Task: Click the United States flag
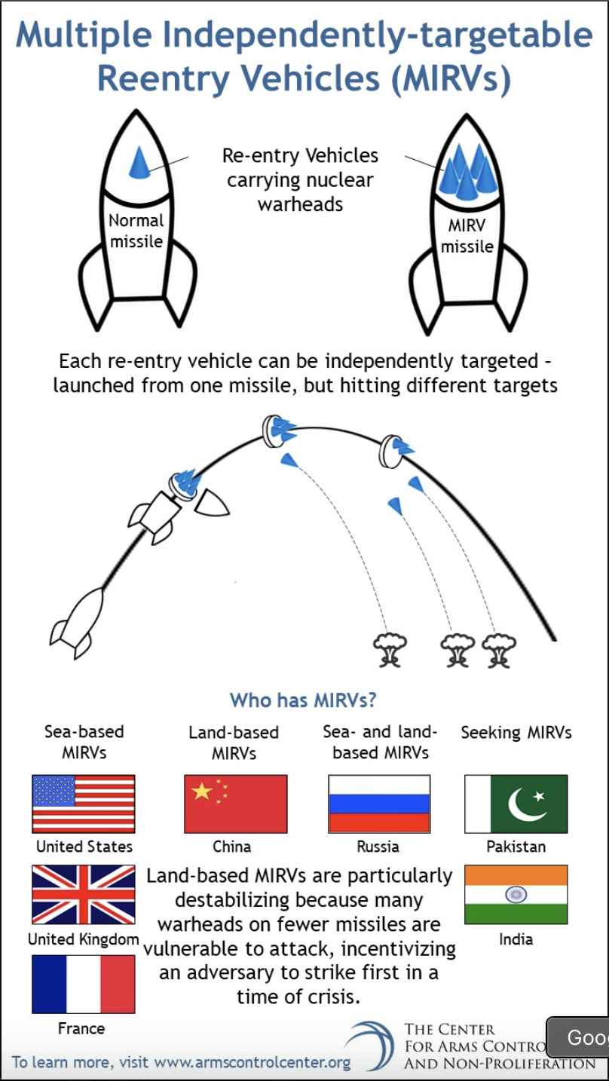[x=84, y=804]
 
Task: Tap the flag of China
[x=235, y=804]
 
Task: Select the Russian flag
[x=379, y=804]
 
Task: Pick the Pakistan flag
[x=516, y=804]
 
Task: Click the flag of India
[x=516, y=895]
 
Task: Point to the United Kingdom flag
[x=84, y=895]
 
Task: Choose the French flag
[x=84, y=985]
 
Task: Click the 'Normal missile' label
[x=136, y=231]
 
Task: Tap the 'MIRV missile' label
[x=467, y=236]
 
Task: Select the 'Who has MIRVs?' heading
[x=303, y=700]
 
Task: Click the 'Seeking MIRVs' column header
[x=516, y=733]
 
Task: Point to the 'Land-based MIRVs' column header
[x=234, y=743]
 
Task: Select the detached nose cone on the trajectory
[x=212, y=504]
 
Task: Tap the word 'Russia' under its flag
[x=378, y=847]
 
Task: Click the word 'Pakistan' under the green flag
[x=516, y=847]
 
